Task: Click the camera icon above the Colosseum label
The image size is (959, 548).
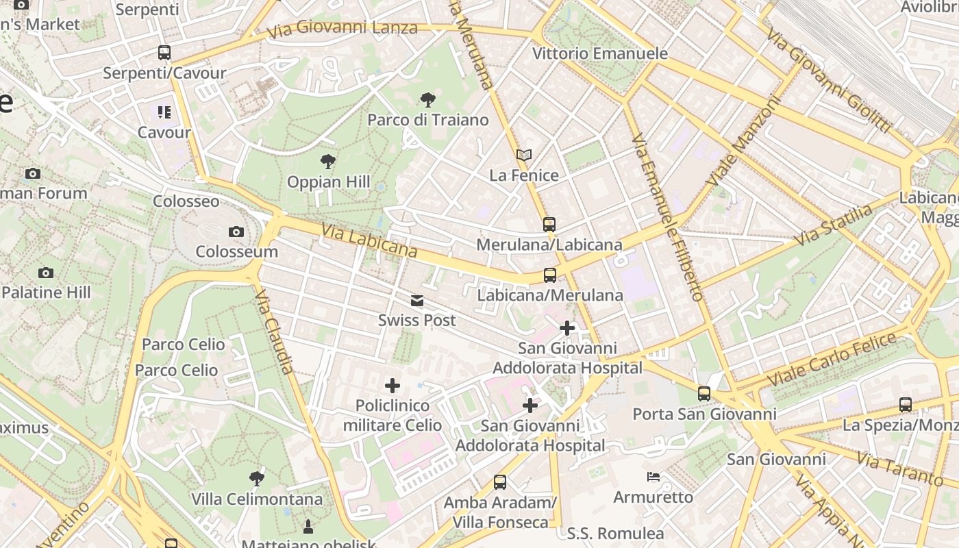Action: point(236,232)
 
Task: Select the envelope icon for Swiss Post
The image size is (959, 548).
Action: point(416,301)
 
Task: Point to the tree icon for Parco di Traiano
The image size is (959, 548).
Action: point(427,100)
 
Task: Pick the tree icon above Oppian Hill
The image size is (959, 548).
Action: point(328,162)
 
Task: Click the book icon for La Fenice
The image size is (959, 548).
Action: point(524,156)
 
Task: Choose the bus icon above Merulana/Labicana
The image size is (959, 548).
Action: point(549,225)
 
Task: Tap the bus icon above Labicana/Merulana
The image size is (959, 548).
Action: point(549,275)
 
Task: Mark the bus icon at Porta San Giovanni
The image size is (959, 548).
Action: point(704,394)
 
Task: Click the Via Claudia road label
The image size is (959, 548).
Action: point(275,331)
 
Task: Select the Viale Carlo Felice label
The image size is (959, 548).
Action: point(832,358)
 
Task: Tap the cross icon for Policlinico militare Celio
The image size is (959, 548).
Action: point(393,386)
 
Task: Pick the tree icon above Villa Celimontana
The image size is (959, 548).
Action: point(257,478)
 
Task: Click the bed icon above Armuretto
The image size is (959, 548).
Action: point(653,477)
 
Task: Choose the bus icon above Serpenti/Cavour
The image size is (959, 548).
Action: point(164,53)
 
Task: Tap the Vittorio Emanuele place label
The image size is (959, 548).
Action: point(599,53)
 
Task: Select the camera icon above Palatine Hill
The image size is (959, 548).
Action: point(46,273)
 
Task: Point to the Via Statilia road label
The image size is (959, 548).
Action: point(834,225)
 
